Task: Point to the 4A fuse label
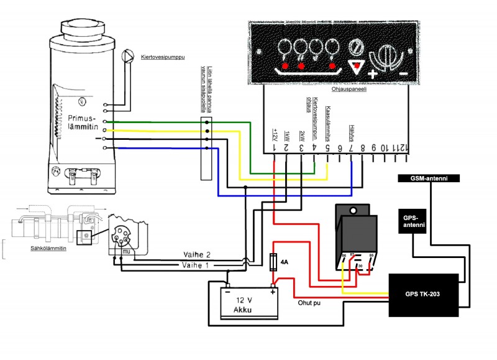coord(284,263)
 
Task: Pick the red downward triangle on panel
coord(355,67)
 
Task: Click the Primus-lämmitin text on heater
coord(83,121)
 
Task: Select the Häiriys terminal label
coord(352,132)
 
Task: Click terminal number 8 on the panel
coord(363,149)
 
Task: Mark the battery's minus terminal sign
coord(228,291)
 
